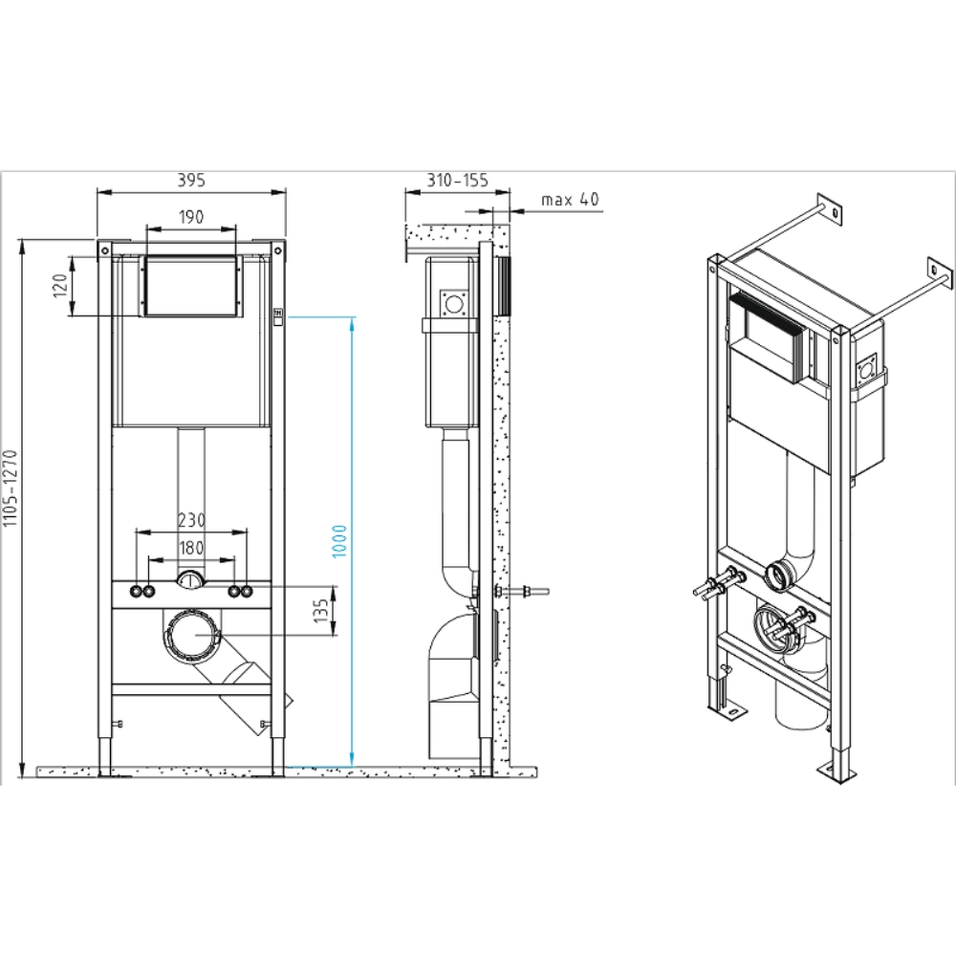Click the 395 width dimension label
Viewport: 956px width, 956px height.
[191, 179]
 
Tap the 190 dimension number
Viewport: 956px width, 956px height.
[190, 217]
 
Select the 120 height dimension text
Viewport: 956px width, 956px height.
[59, 286]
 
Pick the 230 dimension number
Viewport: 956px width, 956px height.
[191, 520]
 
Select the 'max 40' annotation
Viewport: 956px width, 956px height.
[569, 200]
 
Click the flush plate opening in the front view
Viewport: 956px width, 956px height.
[190, 286]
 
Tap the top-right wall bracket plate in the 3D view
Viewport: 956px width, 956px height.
[942, 272]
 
